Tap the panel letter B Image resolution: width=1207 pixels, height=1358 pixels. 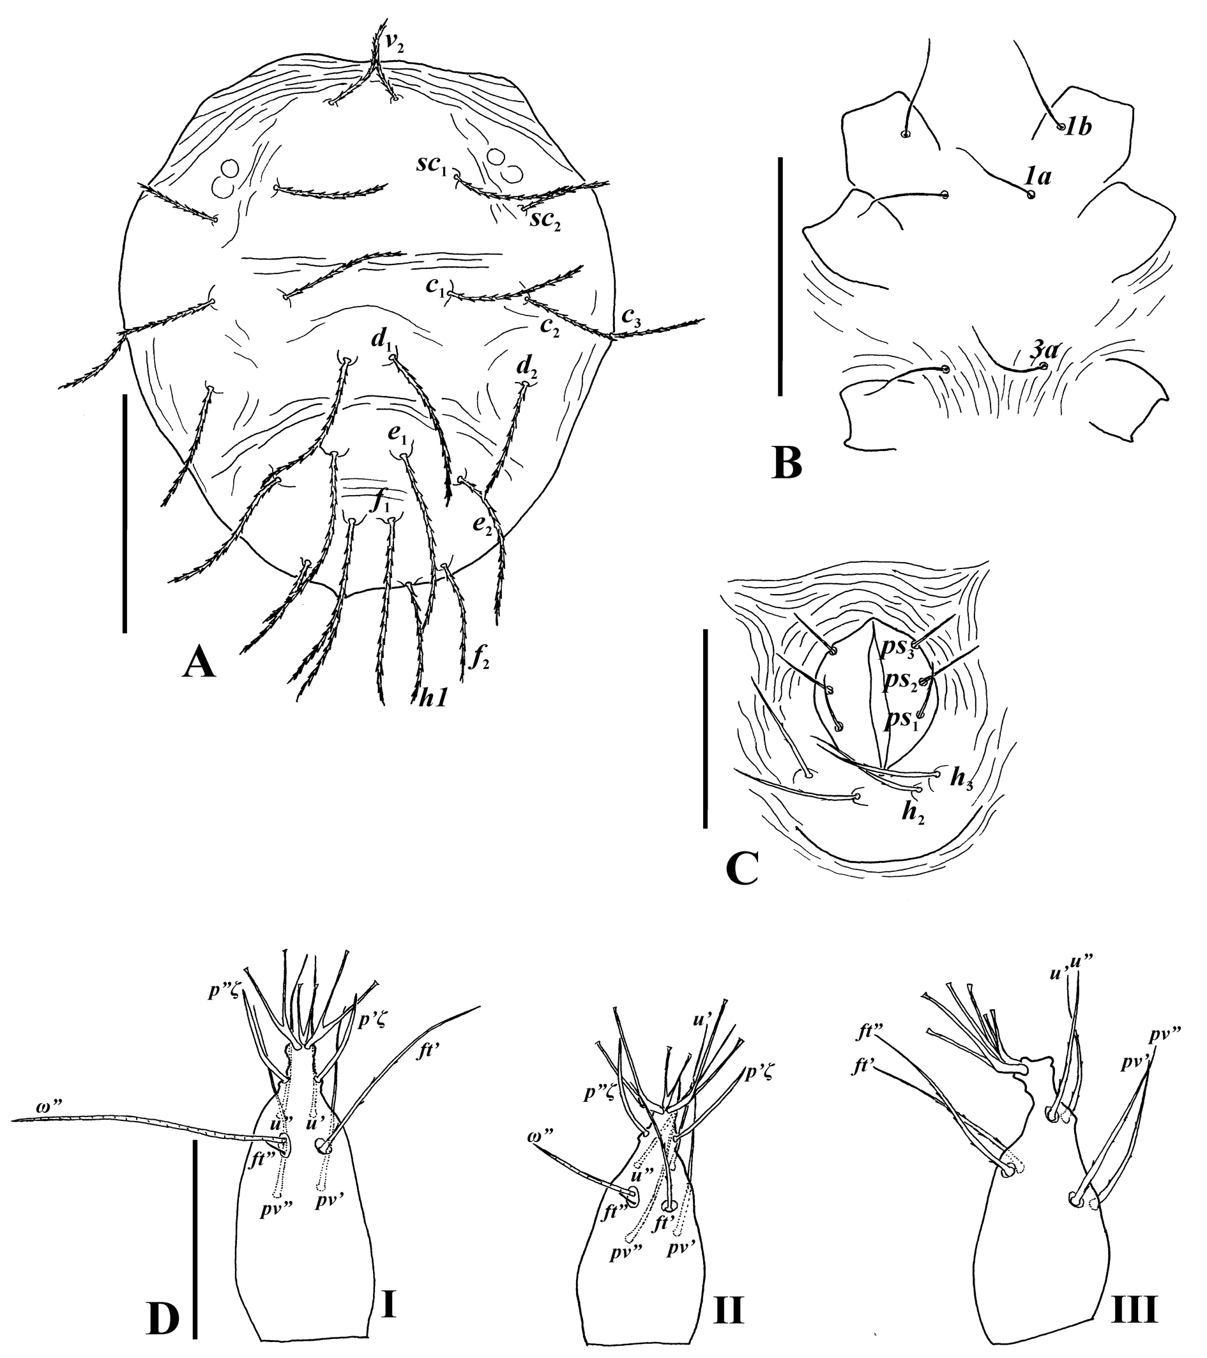[788, 464]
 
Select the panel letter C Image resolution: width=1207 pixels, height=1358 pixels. [743, 869]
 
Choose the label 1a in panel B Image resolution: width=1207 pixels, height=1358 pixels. [1036, 176]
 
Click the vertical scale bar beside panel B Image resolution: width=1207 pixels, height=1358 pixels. [781, 278]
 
